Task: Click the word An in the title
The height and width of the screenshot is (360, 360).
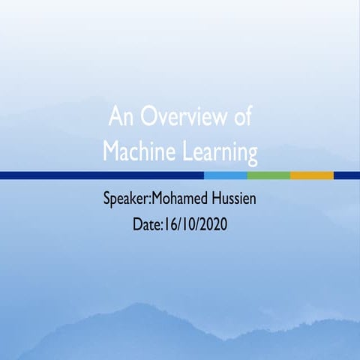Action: click(x=120, y=118)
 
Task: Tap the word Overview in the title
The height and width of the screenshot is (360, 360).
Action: click(x=180, y=118)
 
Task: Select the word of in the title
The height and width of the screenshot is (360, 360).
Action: click(x=240, y=118)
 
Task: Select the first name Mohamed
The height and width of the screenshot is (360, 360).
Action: click(x=183, y=200)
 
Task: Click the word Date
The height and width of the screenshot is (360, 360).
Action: click(x=145, y=223)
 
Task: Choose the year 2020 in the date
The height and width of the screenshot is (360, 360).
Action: click(x=212, y=223)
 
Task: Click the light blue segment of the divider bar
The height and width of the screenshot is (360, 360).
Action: click(x=225, y=175)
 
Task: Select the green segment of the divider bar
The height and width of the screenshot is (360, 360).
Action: click(x=268, y=175)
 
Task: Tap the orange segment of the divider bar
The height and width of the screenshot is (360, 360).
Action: click(x=311, y=175)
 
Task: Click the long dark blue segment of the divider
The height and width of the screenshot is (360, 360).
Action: click(x=101, y=175)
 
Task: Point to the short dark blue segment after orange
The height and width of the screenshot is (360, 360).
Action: click(x=346, y=175)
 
